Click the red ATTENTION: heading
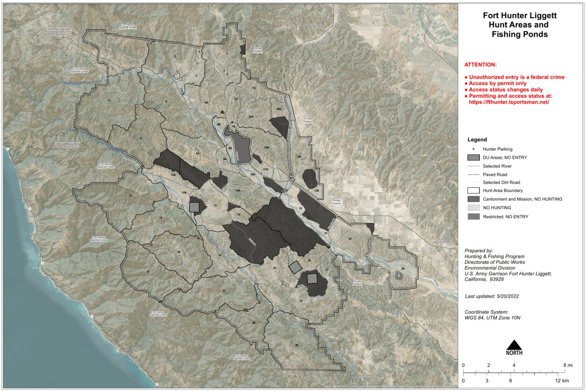click(x=480, y=64)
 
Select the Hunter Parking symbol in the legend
click(x=473, y=149)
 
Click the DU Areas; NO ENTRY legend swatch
click(x=473, y=157)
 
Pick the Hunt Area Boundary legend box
click(x=473, y=191)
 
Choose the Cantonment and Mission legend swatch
click(x=473, y=199)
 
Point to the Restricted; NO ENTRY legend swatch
click(x=473, y=216)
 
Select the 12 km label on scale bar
click(x=563, y=381)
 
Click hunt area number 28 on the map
click(x=297, y=345)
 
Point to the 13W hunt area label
click(x=266, y=148)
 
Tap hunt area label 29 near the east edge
click(x=402, y=269)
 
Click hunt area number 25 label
click(x=350, y=239)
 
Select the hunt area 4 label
click(x=109, y=100)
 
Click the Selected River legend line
click(x=473, y=166)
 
